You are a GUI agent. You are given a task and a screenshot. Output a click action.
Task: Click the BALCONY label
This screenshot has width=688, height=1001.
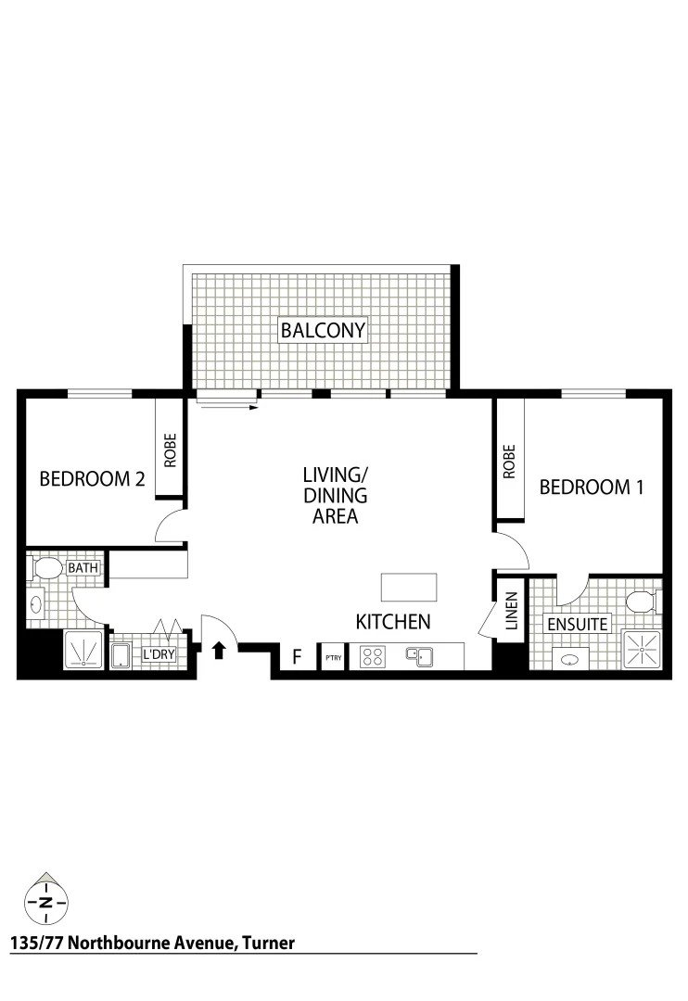coord(324,330)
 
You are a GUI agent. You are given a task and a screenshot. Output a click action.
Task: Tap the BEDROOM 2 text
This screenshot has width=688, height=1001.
coord(92,479)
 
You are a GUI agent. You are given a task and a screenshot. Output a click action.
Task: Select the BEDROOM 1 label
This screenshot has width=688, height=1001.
coord(591,487)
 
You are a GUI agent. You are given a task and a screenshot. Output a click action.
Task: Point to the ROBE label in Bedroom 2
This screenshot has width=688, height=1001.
coord(171,451)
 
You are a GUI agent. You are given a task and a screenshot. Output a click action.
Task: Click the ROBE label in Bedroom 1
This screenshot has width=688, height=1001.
coord(509,461)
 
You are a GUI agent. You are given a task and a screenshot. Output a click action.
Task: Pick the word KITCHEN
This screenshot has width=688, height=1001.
coord(393,621)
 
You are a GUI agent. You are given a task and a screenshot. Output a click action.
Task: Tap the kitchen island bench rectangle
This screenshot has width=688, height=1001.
coord(408,588)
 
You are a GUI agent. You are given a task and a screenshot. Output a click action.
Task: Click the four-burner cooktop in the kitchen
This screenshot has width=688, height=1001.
coord(373,656)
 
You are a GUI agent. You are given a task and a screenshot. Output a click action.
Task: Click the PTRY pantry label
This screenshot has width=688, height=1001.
coord(332,658)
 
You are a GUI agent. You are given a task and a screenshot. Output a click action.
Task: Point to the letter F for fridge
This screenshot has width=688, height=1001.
coord(297,657)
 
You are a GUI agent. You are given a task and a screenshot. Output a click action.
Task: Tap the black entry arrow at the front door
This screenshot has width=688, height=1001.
coord(219,651)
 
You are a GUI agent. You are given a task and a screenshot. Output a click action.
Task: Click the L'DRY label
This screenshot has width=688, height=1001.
coord(157,655)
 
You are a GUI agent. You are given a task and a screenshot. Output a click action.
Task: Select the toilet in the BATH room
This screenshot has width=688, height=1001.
coord(46,566)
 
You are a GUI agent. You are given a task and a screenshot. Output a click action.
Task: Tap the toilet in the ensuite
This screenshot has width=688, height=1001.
coord(642,602)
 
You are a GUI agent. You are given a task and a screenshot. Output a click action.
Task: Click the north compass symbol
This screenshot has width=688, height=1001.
coord(45,900)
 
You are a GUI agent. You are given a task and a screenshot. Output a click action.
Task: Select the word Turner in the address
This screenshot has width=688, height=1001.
coord(268,944)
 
